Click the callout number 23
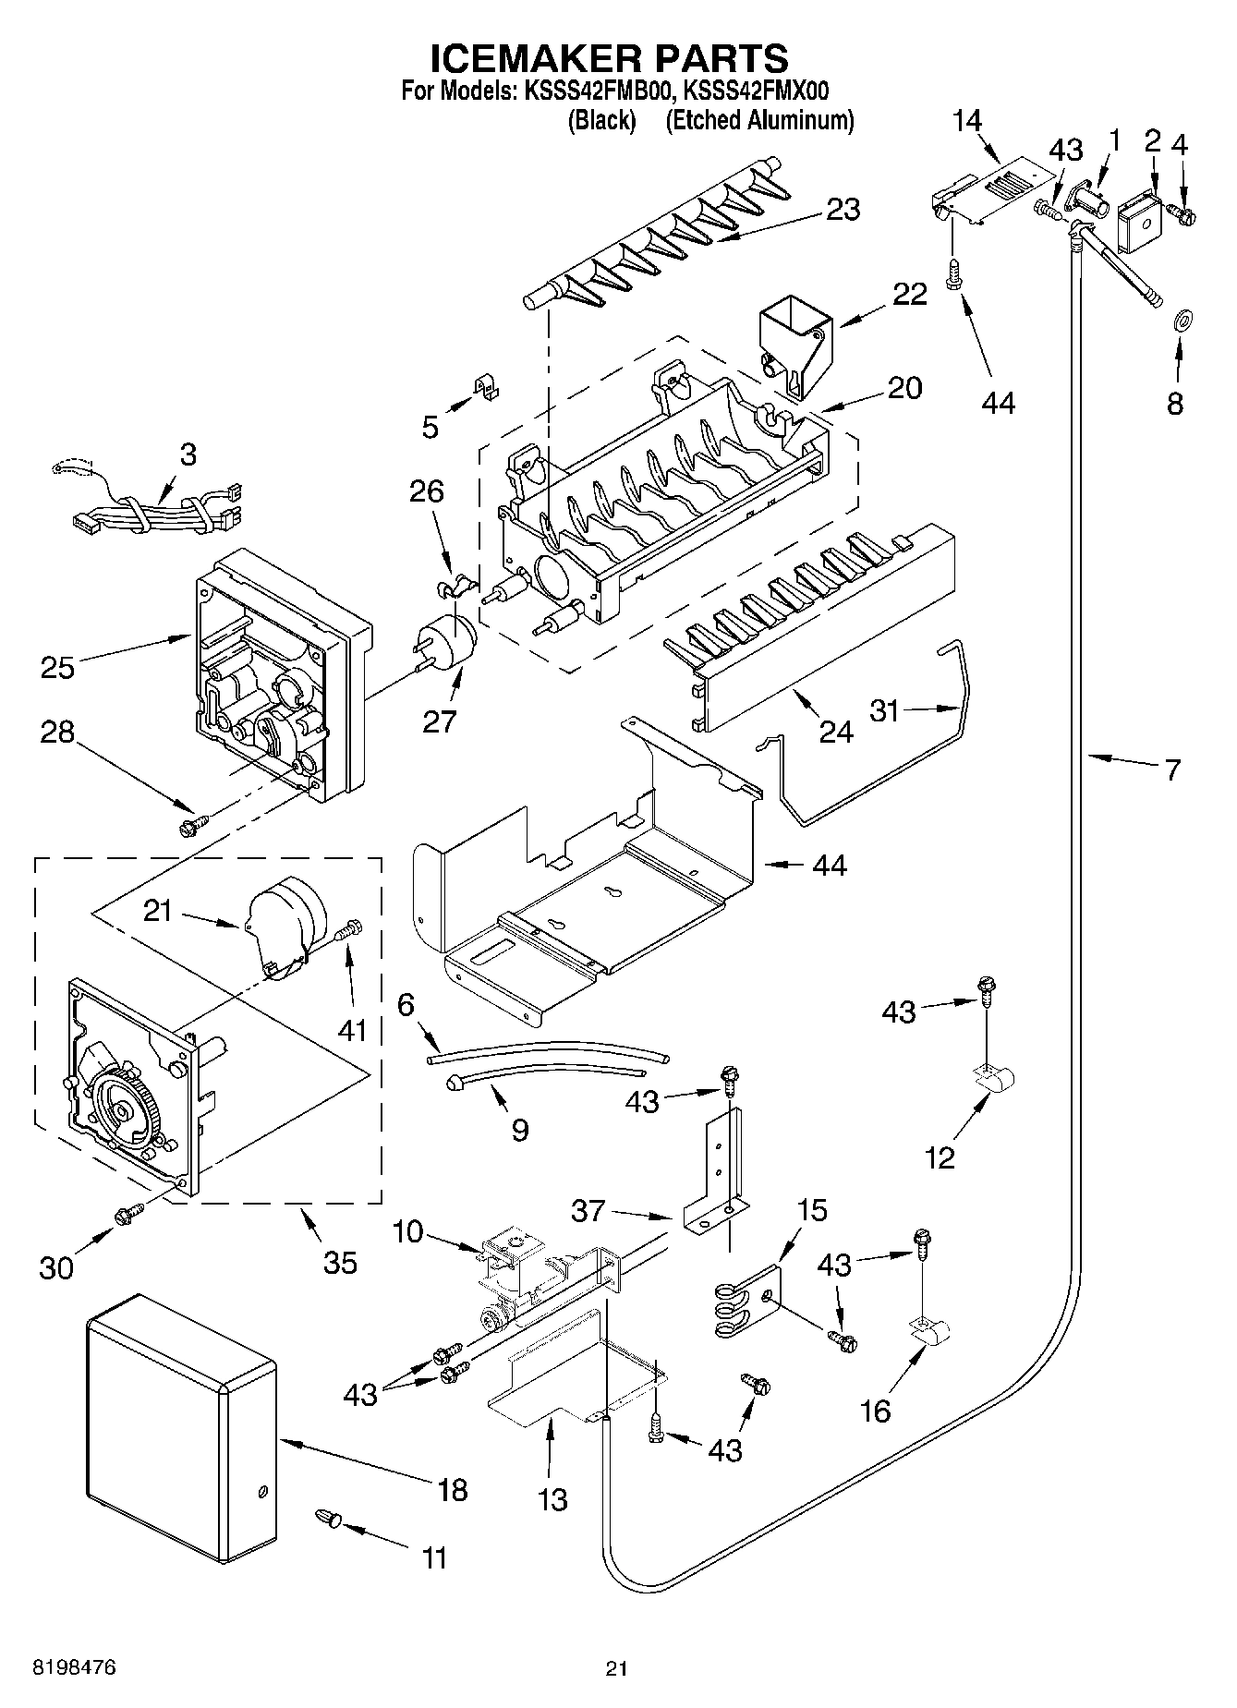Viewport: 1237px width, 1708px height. [x=843, y=210]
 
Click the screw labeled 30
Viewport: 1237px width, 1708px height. [x=127, y=1214]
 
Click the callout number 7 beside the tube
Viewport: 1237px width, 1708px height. [x=1171, y=769]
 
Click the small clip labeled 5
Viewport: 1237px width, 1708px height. [x=486, y=386]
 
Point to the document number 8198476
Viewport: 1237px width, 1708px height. [x=74, y=1667]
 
